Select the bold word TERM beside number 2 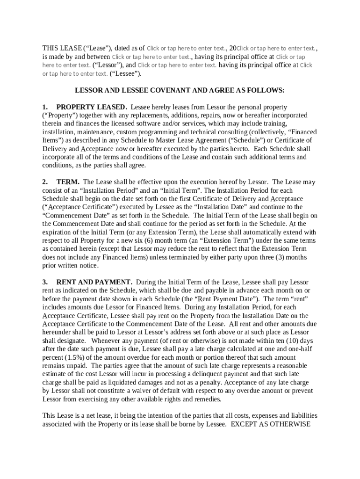point(68,181)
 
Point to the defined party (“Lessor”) point(108,65)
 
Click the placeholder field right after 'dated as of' point(186,48)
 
